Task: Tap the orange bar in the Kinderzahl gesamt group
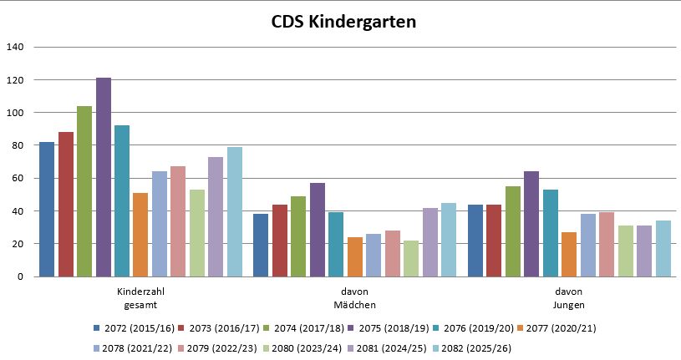click(140, 235)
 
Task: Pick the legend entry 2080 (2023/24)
click(304, 347)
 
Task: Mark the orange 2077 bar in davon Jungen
click(569, 254)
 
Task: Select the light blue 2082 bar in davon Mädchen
click(449, 240)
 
